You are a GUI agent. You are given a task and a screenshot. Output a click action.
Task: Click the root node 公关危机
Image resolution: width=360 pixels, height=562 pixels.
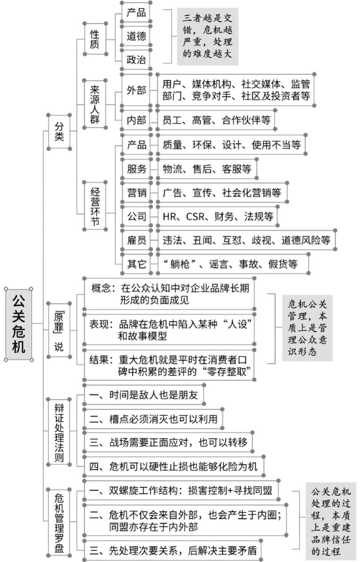18,324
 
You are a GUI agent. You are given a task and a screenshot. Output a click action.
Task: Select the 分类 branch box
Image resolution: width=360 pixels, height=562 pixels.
59,132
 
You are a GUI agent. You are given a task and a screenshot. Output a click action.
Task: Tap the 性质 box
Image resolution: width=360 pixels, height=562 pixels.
95,39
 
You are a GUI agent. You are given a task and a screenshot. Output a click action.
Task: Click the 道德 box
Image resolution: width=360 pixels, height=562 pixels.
136,36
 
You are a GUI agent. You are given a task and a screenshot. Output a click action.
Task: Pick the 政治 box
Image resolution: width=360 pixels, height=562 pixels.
136,59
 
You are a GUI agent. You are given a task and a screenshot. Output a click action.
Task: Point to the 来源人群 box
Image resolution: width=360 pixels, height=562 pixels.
95,104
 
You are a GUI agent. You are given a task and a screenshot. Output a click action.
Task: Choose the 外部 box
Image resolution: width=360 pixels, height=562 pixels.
136,90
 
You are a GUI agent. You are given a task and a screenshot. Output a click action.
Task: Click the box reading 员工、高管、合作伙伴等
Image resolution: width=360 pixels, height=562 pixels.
216,120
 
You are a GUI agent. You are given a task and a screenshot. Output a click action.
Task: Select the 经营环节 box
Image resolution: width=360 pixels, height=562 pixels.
95,206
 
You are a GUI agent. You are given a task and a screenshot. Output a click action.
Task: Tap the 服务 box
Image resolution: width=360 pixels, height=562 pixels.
137,169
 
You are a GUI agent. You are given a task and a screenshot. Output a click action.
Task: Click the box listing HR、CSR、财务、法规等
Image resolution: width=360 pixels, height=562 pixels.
218,216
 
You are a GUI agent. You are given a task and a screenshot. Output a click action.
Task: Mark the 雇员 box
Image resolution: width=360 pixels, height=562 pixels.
137,240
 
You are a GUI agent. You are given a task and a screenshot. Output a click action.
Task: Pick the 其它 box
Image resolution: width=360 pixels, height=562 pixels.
137,264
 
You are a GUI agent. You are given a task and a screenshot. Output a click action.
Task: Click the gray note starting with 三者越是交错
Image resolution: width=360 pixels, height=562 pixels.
208,36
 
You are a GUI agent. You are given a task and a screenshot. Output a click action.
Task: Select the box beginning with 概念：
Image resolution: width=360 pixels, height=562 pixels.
169,294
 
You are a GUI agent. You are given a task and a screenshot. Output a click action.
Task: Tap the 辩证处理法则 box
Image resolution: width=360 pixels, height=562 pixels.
59,432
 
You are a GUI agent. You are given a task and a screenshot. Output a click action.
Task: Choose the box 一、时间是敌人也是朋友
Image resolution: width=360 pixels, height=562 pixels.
144,395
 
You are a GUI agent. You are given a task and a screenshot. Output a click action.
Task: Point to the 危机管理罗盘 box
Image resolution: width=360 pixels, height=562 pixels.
59,523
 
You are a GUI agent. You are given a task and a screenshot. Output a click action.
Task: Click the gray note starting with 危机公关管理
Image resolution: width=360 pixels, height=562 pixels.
307,328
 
